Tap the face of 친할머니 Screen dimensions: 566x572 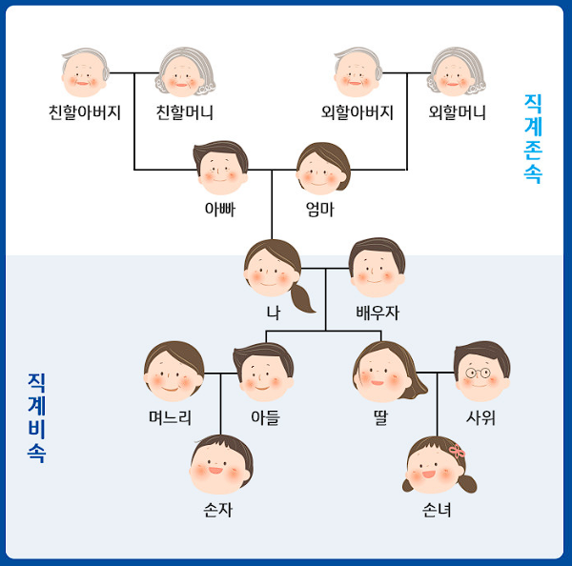point(186,74)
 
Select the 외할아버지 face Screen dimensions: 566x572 point(357,74)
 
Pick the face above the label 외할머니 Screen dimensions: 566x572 point(457,74)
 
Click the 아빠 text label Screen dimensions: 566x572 point(219,209)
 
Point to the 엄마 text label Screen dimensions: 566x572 point(319,209)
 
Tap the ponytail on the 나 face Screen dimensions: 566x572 point(303,297)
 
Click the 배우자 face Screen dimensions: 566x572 point(377,269)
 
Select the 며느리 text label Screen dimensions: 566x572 point(171,417)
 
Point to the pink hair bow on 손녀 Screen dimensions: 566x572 point(457,449)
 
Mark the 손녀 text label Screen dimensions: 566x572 point(437,510)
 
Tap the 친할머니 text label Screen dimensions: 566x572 point(185,113)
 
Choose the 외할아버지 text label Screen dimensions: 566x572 point(357,113)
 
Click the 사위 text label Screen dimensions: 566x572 point(481,417)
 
